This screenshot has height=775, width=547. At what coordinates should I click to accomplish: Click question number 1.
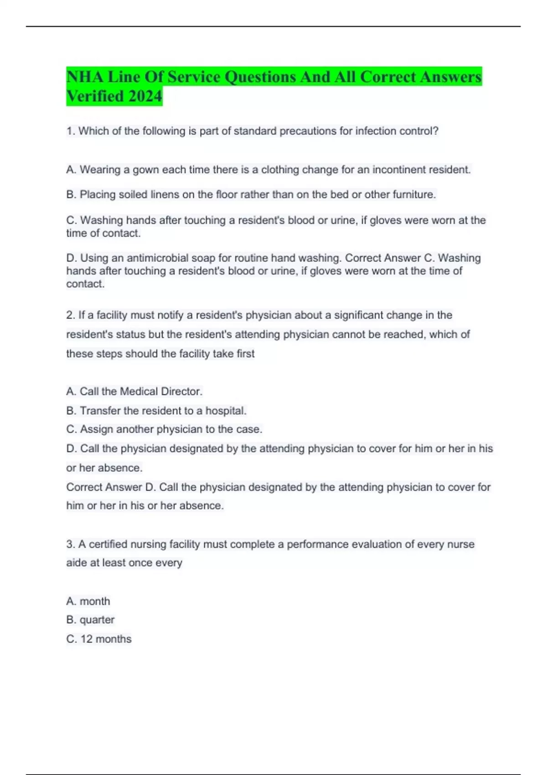[70, 131]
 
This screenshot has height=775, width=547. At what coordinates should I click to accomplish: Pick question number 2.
[70, 315]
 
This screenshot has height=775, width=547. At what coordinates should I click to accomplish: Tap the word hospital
[226, 411]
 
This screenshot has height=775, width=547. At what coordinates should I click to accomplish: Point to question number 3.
[70, 544]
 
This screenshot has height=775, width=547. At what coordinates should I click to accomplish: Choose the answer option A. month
[88, 601]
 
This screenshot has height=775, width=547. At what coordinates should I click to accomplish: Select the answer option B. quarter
[90, 620]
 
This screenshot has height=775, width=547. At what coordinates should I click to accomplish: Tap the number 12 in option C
[87, 639]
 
